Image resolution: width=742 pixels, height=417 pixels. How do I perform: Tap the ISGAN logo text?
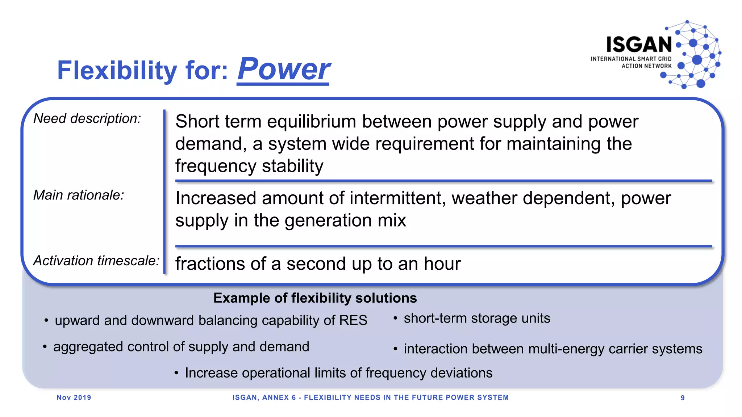pyautogui.click(x=639, y=45)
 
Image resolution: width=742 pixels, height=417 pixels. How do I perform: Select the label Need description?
pyautogui.click(x=87, y=119)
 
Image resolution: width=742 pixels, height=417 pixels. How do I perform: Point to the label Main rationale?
pyautogui.click(x=79, y=195)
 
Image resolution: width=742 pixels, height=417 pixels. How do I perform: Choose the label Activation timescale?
pyautogui.click(x=96, y=261)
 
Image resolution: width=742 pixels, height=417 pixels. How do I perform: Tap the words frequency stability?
pyautogui.click(x=249, y=166)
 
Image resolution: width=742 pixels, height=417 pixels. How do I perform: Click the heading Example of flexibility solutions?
pyautogui.click(x=315, y=298)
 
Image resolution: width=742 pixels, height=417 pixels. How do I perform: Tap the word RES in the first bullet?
pyautogui.click(x=353, y=320)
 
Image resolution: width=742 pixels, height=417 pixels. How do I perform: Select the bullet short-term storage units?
pyautogui.click(x=476, y=318)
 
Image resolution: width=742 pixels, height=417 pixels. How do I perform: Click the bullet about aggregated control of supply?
pyautogui.click(x=181, y=347)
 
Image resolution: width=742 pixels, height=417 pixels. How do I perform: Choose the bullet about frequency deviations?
pyautogui.click(x=338, y=373)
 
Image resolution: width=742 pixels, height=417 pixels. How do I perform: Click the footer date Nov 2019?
pyautogui.click(x=74, y=397)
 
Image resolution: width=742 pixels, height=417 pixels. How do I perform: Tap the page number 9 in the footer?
pyautogui.click(x=683, y=398)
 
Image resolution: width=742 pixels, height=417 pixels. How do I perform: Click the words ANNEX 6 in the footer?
pyautogui.click(x=279, y=397)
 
